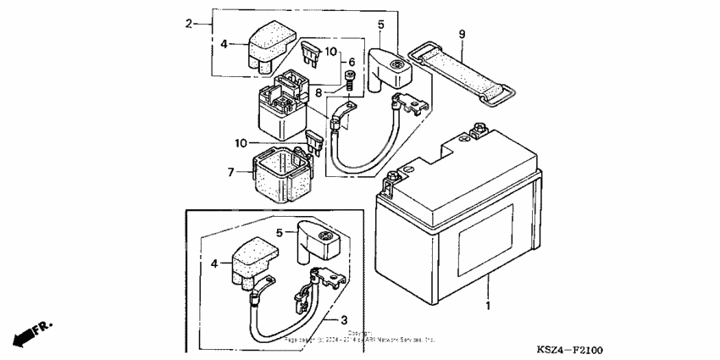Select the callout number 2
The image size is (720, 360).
pos(189,24)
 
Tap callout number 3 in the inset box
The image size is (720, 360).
pos(344,319)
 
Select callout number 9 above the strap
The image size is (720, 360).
pos(462,33)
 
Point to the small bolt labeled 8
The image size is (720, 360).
pos(349,82)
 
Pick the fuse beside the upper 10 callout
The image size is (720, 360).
pos(311,56)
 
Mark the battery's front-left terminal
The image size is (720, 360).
pos(393,180)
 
